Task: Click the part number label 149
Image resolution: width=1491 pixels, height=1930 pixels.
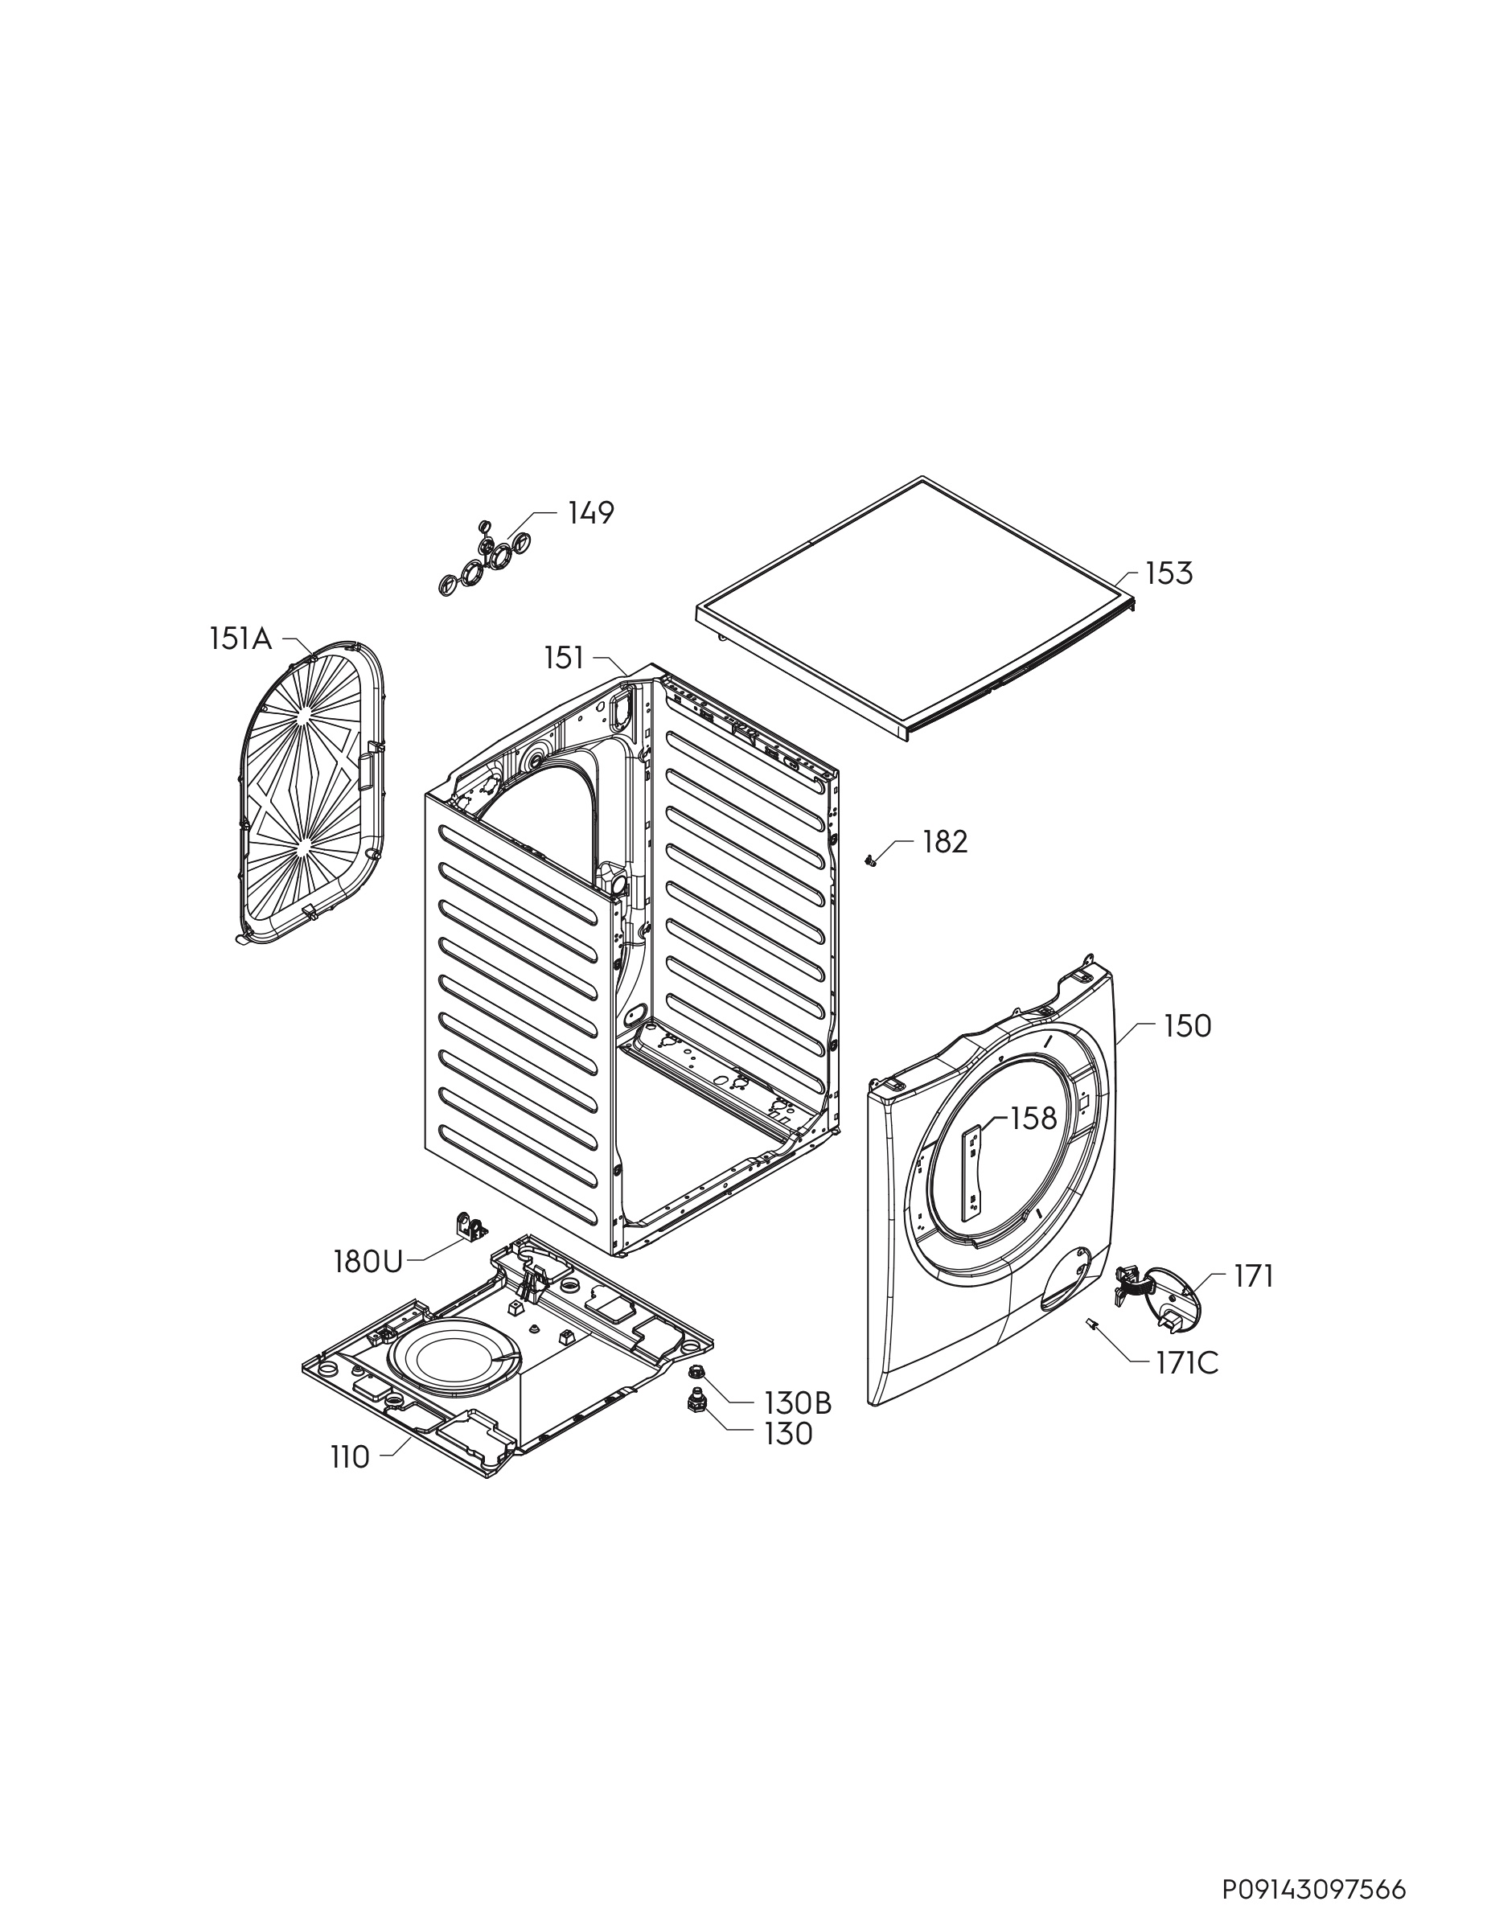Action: [590, 512]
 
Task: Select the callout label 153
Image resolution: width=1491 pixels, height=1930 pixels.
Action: [1169, 573]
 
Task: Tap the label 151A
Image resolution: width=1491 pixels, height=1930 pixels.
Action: [240, 638]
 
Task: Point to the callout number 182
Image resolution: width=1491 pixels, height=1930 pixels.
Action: [945, 841]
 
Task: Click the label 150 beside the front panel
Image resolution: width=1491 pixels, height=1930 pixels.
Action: [1187, 1026]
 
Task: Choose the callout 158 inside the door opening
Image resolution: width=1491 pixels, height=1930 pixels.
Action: [1033, 1119]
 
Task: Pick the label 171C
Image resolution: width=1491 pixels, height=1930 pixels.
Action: [1186, 1364]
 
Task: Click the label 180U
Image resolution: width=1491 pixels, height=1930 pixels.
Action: [368, 1262]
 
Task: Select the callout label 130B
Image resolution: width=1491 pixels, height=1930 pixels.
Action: [798, 1402]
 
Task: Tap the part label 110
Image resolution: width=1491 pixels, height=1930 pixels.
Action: [350, 1457]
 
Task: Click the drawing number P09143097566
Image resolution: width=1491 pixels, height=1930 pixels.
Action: [1314, 1883]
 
